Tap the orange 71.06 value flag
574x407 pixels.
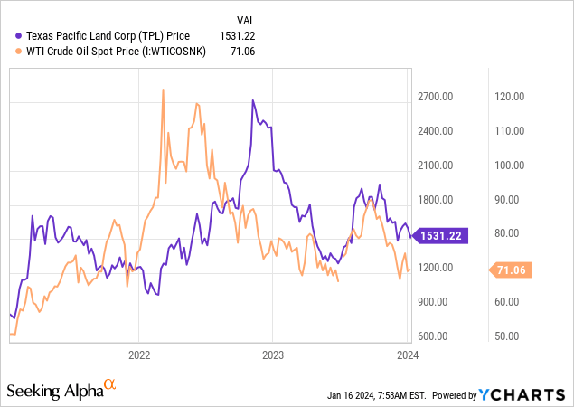coord(512,270)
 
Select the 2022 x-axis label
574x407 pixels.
coord(139,354)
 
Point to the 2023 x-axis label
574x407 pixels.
coord(274,354)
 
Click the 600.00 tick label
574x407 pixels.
coord(438,336)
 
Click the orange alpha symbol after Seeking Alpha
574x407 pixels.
coord(110,385)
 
